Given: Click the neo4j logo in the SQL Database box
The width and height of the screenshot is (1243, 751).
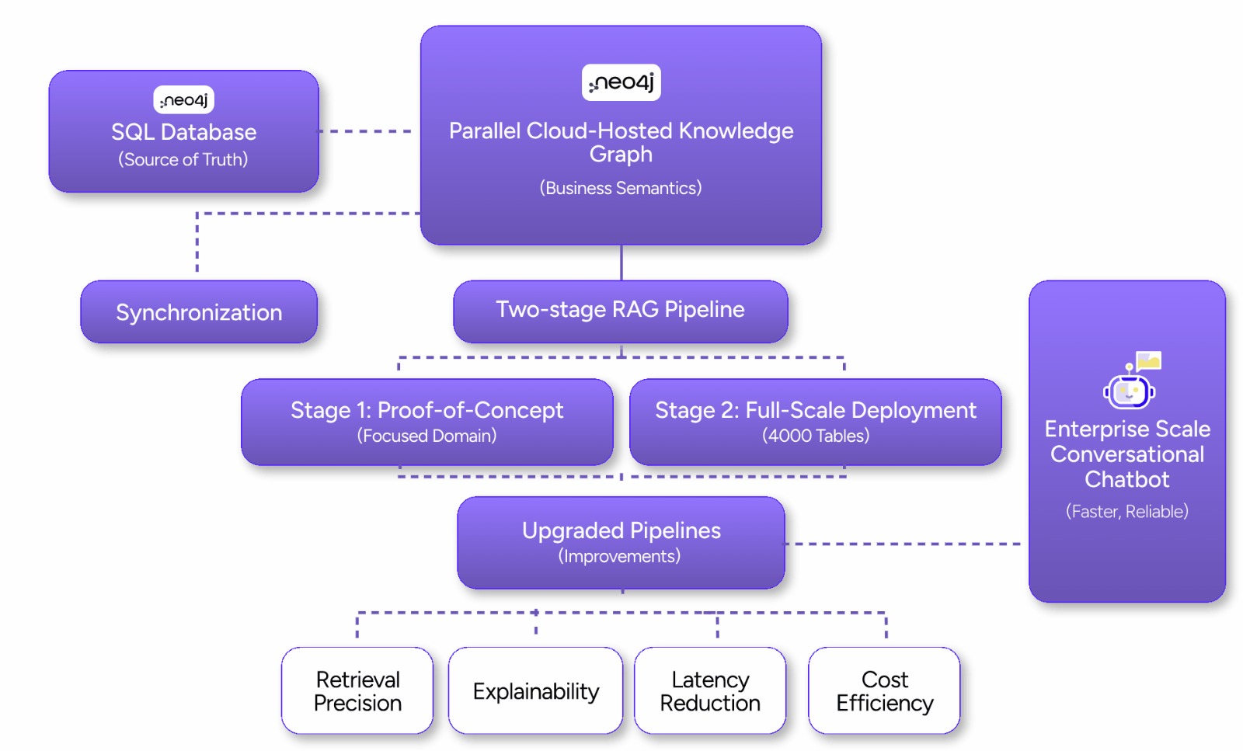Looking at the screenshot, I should tap(183, 100).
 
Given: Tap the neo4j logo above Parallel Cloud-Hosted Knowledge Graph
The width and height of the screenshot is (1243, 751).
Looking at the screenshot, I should tap(621, 82).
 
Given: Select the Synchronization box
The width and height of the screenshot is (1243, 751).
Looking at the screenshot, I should tap(199, 312).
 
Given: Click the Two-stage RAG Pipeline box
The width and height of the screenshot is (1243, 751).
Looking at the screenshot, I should tap(620, 311).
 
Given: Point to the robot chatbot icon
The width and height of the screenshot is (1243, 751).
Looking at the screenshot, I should tap(1130, 384).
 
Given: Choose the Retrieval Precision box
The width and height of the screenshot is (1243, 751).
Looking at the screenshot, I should tap(357, 690).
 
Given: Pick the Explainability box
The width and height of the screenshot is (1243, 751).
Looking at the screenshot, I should tap(535, 690).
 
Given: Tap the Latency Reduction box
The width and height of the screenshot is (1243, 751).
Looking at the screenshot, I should tap(710, 690).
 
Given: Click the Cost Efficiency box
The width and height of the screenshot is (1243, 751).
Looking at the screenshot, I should tap(884, 690).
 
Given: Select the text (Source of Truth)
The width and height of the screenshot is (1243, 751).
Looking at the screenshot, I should tap(183, 159).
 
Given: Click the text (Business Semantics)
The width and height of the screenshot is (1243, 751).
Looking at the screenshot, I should tap(621, 188).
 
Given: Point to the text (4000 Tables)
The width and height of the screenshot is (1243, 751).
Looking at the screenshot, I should tap(815, 436).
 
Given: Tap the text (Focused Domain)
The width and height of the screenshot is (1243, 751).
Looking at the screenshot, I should tap(427, 436).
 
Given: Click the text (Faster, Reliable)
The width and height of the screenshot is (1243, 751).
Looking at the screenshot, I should tap(1126, 511).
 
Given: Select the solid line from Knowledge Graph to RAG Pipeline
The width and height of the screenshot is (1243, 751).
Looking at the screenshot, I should tap(621, 263).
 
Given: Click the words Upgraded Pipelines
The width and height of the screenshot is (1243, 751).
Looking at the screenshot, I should tap(621, 530).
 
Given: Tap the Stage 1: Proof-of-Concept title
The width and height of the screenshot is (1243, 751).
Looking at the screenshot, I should tap(427, 410).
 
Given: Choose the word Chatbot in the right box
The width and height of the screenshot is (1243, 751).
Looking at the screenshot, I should tap(1126, 479).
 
